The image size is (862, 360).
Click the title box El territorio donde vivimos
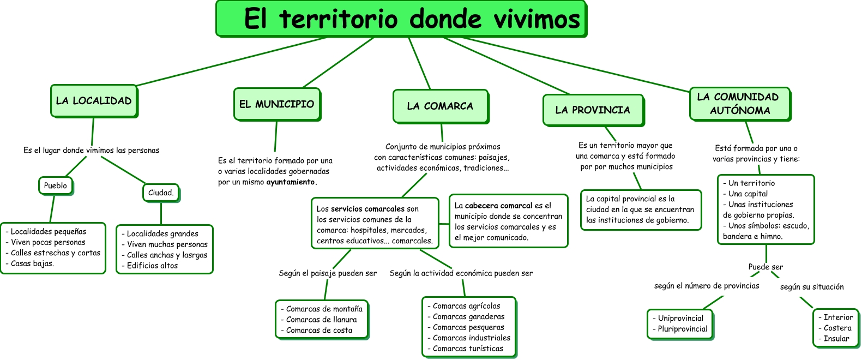[401, 19]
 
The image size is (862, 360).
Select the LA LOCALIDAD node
[94, 101]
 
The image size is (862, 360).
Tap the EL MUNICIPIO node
[277, 104]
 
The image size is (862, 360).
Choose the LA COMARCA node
[440, 106]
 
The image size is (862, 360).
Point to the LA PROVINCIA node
[593, 110]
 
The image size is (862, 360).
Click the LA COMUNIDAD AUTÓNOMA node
[739, 104]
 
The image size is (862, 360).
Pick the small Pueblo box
[55, 186]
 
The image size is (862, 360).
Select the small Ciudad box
[161, 193]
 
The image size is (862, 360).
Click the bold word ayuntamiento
[291, 182]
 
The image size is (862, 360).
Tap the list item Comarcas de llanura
[322, 320]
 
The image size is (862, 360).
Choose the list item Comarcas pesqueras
[468, 327]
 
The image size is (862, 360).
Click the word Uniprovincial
[680, 319]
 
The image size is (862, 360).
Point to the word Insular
[836, 339]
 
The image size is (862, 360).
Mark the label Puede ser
[765, 267]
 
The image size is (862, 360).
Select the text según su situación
[812, 287]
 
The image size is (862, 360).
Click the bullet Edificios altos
[152, 266]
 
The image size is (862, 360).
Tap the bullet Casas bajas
[32, 263]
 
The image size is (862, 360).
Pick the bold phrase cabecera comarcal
[498, 206]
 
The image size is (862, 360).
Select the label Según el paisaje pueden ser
[328, 273]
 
